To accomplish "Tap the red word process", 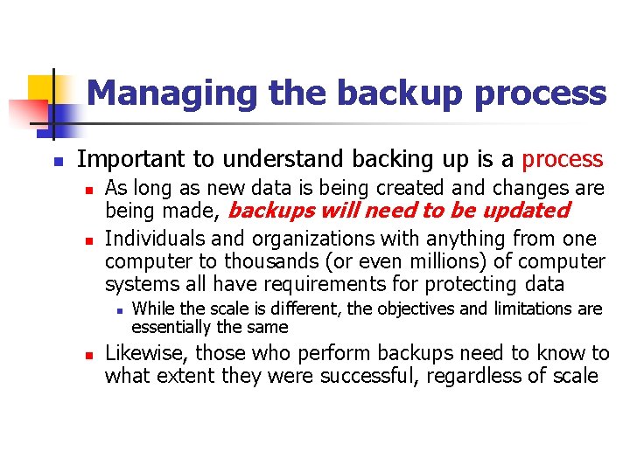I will [x=563, y=159].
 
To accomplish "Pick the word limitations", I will [x=533, y=308].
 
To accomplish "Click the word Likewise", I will [x=143, y=353].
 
